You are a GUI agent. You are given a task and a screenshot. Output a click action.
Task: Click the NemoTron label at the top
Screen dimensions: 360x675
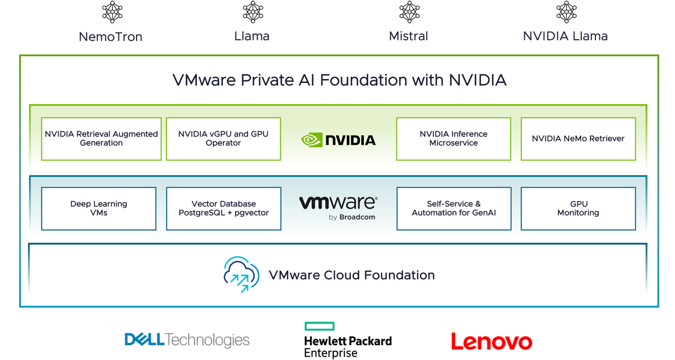(110, 38)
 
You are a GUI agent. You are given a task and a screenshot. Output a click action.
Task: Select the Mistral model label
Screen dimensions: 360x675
(408, 36)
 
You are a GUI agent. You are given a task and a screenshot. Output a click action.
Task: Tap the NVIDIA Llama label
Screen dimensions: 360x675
(565, 36)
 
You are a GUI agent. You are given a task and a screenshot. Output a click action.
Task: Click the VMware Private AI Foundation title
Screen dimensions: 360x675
(339, 80)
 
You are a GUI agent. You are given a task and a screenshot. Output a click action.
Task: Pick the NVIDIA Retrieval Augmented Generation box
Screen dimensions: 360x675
(101, 139)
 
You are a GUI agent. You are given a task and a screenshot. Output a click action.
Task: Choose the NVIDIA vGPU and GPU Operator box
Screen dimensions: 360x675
(223, 139)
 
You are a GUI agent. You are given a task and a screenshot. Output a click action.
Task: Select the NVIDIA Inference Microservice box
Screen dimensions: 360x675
(453, 139)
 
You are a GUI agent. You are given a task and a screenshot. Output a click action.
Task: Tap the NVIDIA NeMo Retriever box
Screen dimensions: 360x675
(578, 139)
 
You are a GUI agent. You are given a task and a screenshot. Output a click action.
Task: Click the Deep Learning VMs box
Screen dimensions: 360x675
(99, 209)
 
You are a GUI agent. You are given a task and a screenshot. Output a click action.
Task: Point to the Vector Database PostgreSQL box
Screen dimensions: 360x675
(223, 209)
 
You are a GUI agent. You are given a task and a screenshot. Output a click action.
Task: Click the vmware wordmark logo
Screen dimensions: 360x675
(337, 202)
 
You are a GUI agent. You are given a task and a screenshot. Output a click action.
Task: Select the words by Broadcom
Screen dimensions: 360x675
(352, 217)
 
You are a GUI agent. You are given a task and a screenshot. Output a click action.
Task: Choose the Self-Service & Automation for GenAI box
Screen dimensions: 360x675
(454, 209)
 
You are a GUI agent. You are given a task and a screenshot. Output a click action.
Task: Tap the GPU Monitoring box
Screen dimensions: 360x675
(578, 209)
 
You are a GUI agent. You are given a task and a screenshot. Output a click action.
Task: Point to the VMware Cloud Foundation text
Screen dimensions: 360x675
(351, 276)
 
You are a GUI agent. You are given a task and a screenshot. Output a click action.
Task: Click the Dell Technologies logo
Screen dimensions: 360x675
(187, 340)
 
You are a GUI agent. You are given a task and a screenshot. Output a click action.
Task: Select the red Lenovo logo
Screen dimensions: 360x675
(491, 341)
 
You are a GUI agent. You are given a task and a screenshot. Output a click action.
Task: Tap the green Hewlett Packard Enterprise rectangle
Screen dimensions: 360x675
(319, 326)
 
